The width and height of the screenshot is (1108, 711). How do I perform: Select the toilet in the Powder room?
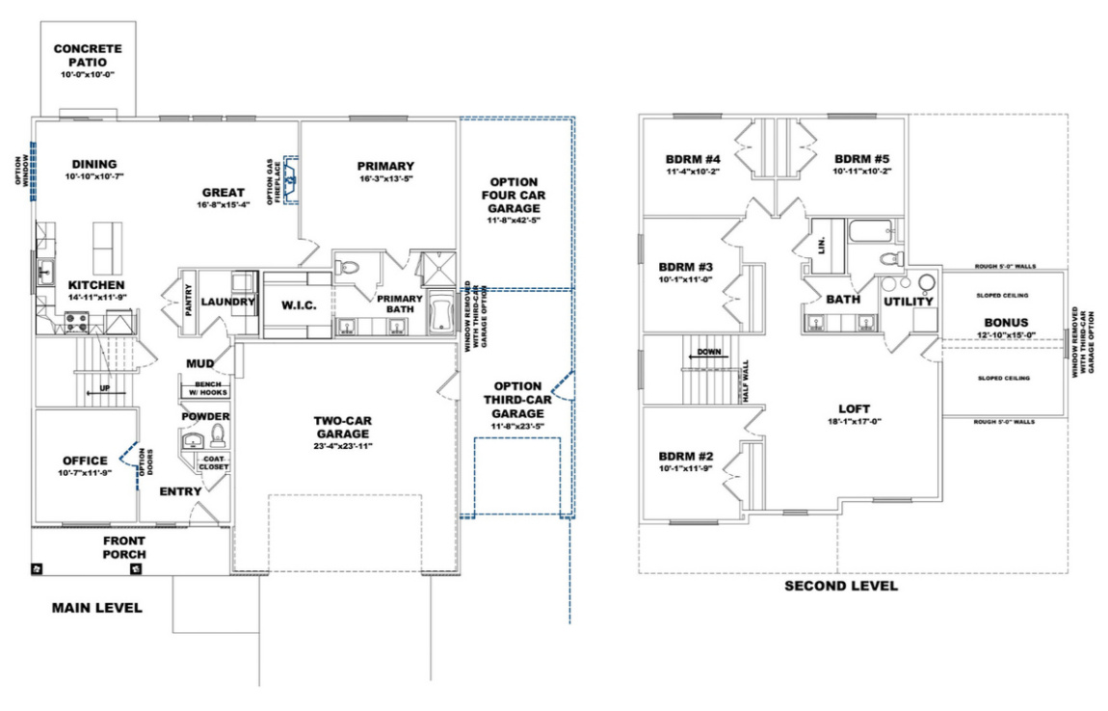point(217,433)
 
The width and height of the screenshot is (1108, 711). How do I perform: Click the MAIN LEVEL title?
point(96,608)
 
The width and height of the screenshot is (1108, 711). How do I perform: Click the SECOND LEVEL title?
point(841,586)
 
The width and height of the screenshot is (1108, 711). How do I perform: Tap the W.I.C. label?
point(299,305)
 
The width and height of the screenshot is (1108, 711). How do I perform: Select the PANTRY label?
point(190,300)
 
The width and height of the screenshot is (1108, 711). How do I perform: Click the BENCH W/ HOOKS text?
point(201,388)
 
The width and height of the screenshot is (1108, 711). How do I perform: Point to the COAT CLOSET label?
point(214,462)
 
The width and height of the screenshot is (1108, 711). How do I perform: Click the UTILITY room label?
point(909,302)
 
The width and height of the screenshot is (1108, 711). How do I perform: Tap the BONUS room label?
point(1006,322)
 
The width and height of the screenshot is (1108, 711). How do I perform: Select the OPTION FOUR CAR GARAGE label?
point(513,194)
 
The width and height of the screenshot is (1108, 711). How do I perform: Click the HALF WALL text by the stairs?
point(746,377)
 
